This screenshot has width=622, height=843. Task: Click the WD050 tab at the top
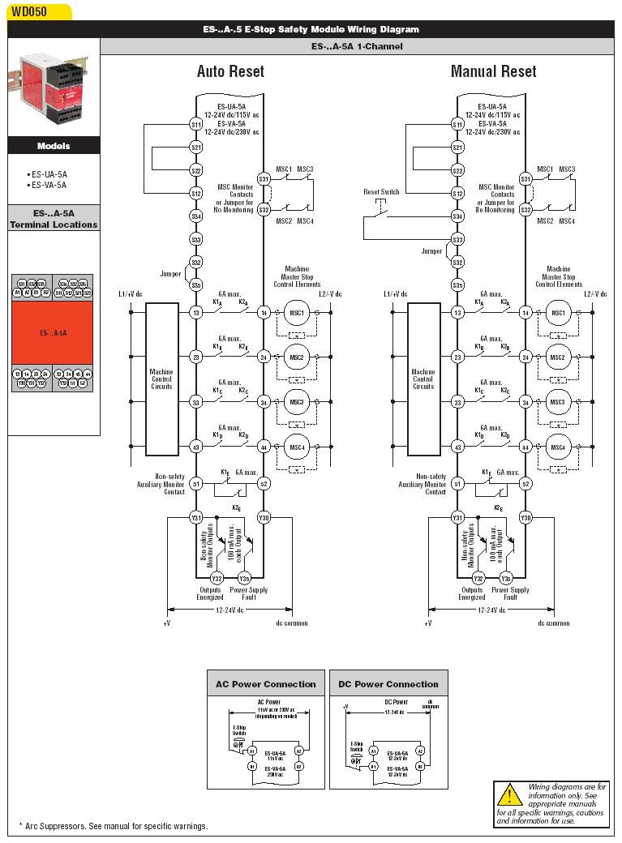28,11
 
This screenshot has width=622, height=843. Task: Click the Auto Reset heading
230,71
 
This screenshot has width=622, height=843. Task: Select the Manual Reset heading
493,71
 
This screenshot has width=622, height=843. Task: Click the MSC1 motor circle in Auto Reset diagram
295,312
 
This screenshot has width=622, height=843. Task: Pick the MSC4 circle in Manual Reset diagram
557,447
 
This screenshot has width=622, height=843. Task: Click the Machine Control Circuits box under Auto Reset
161,379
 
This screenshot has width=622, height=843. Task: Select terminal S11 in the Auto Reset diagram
195,124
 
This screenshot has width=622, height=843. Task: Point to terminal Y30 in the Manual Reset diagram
525,517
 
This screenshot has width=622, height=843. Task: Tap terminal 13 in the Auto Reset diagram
195,312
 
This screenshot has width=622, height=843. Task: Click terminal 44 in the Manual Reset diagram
525,447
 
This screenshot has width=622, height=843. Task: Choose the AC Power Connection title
265,684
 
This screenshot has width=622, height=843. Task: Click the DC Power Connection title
388,684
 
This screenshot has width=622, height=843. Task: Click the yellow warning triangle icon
509,795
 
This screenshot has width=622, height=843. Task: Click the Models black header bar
54,146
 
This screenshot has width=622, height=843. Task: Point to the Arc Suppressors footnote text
114,826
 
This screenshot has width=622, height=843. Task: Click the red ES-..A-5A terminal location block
54,332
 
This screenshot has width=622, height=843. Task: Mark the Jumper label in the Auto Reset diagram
170,274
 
